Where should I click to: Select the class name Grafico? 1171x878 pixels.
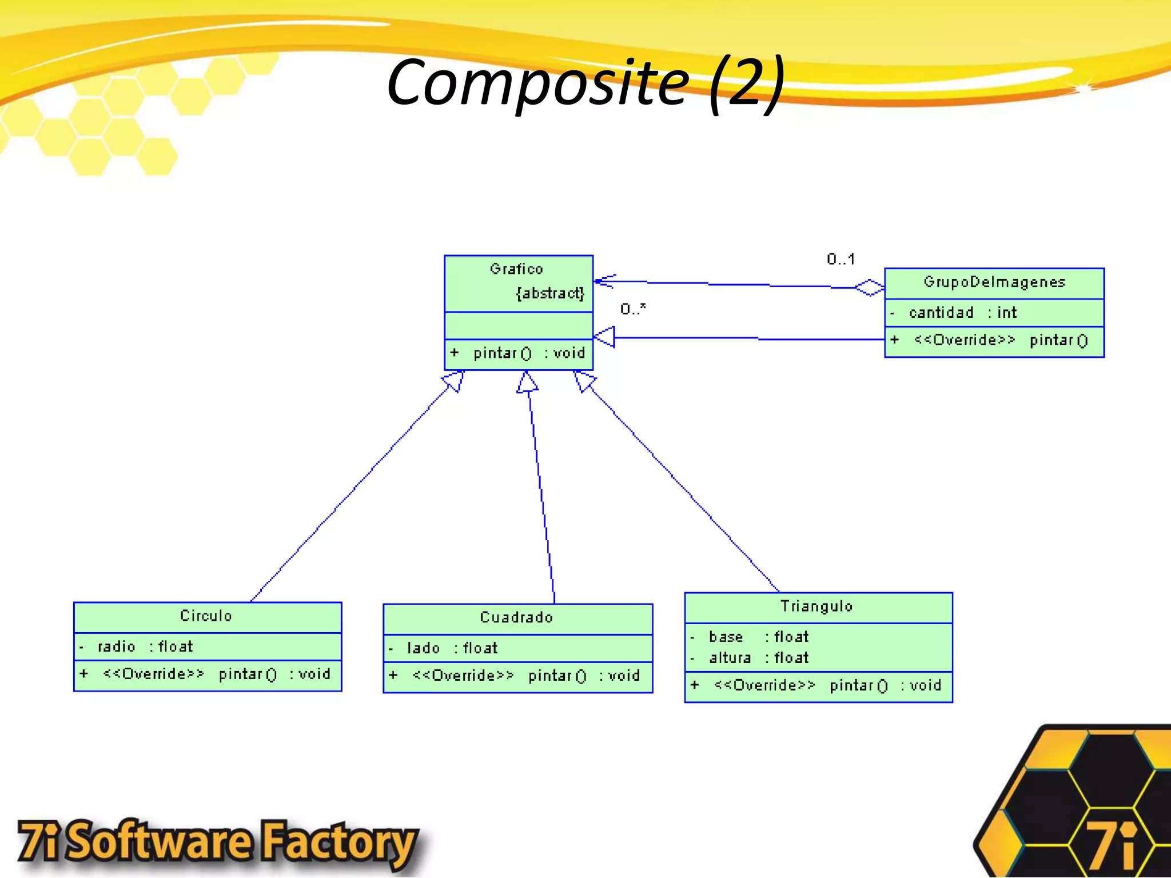(516, 269)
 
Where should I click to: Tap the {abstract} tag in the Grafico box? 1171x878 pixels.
(550, 293)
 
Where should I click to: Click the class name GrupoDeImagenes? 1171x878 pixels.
(994, 282)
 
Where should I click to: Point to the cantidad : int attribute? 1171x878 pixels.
(963, 313)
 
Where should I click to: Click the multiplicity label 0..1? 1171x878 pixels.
(841, 260)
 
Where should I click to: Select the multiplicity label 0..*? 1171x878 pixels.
(633, 309)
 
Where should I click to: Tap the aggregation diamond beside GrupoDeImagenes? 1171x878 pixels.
(870, 288)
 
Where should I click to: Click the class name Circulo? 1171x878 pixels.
(206, 616)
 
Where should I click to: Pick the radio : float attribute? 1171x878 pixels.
(145, 646)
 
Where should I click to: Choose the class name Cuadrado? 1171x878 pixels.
(516, 617)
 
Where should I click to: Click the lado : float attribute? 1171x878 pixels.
(452, 648)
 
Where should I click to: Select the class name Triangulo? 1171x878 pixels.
(816, 606)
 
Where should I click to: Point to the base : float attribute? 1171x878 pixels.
(759, 637)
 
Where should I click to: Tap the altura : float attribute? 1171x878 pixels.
(759, 658)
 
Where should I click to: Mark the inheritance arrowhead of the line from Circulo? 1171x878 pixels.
(453, 381)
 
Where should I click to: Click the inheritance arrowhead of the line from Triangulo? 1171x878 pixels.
(584, 381)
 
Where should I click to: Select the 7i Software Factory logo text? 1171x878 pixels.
(217, 843)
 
